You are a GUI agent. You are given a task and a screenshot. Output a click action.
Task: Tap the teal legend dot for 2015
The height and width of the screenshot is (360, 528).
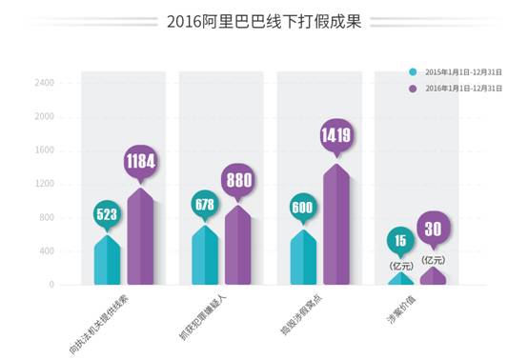pyautogui.click(x=412, y=71)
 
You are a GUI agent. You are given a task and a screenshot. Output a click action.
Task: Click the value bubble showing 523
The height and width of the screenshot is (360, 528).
pyautogui.click(x=107, y=214)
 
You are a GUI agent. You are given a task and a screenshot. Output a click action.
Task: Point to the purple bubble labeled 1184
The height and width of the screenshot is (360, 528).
pyautogui.click(x=140, y=162)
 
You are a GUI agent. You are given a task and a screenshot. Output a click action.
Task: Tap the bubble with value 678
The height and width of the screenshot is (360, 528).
pyautogui.click(x=204, y=204)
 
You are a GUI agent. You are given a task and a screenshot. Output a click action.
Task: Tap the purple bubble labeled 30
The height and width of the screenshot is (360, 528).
pyautogui.click(x=434, y=229)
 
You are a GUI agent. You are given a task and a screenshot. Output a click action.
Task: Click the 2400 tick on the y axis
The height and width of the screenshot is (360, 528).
pyautogui.click(x=45, y=83)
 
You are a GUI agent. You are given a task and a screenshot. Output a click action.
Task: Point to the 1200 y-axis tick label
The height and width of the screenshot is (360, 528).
pyautogui.click(x=45, y=184)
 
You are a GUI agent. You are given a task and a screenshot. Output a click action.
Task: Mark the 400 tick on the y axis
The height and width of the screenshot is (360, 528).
pyautogui.click(x=47, y=251)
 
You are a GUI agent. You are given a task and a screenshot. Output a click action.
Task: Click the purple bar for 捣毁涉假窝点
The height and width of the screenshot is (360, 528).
pyautogui.click(x=336, y=229)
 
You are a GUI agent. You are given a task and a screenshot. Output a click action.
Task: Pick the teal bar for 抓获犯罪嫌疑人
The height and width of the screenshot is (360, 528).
pyautogui.click(x=204, y=257)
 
